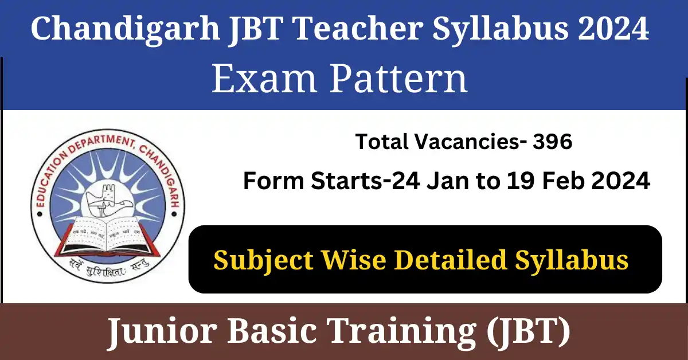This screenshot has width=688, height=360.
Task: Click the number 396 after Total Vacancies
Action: (553, 142)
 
